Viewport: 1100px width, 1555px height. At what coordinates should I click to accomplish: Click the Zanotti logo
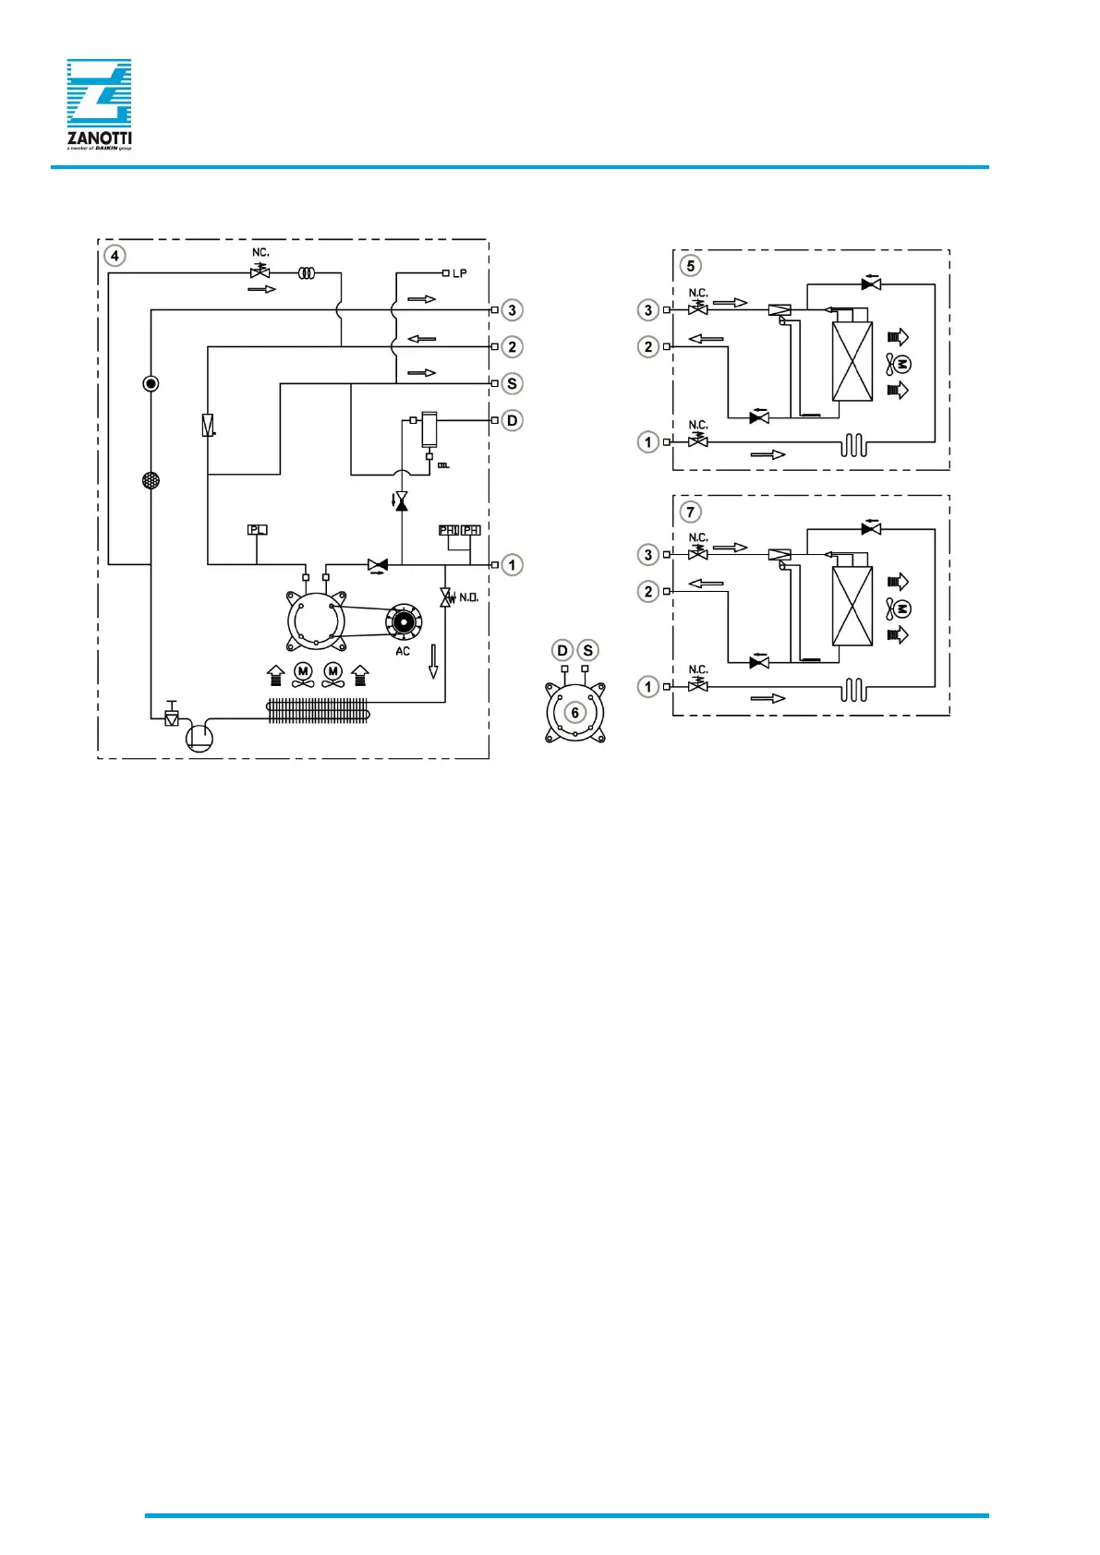point(99,103)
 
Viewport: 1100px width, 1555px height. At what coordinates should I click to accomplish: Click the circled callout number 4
point(115,256)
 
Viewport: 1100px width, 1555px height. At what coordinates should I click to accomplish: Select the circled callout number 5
point(690,266)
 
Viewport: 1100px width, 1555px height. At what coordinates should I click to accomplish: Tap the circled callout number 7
point(690,512)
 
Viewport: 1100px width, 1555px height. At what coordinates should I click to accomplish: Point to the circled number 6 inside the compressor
point(574,713)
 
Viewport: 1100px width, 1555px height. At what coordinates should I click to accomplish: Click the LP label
point(459,273)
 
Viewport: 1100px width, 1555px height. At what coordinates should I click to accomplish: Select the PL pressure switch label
point(258,530)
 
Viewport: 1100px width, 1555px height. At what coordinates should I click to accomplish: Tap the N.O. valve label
point(468,597)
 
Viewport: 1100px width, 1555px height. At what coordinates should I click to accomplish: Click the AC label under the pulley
point(403,651)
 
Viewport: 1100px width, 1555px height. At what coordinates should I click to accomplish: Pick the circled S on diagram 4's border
point(512,383)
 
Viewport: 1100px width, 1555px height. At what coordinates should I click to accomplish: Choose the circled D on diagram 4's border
point(512,420)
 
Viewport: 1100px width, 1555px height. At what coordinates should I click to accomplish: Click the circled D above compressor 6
point(562,650)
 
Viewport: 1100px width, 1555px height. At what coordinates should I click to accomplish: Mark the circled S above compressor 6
point(587,650)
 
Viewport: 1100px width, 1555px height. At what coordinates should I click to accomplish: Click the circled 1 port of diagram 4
point(512,564)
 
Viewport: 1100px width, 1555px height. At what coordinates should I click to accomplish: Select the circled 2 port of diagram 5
point(648,346)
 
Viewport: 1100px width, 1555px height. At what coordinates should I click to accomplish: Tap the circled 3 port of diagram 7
point(648,554)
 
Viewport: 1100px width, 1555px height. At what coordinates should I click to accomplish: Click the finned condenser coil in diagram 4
point(318,710)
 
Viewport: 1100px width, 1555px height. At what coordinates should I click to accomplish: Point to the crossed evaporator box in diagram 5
point(852,361)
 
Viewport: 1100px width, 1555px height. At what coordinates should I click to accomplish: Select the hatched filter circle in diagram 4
point(151,480)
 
